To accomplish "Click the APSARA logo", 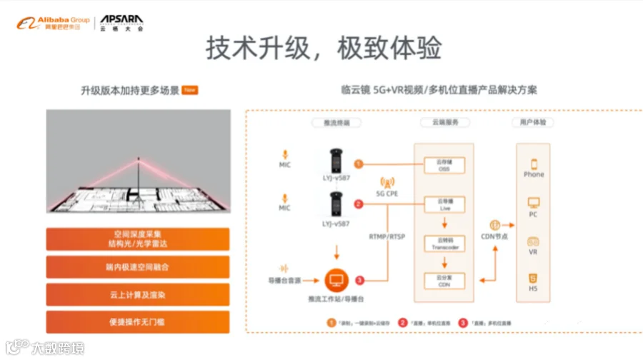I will click(x=121, y=22).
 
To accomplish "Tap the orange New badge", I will click(x=189, y=90).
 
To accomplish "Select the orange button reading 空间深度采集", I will click(x=138, y=239).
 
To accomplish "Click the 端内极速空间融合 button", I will click(x=138, y=266).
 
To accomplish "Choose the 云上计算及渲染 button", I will click(x=138, y=294).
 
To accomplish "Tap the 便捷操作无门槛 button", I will click(x=138, y=321).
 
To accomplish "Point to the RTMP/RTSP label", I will click(x=387, y=236).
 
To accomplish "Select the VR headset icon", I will click(x=534, y=242).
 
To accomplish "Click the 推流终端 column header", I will click(x=336, y=122).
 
